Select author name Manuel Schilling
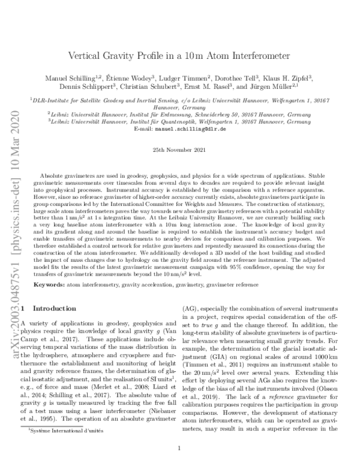pyautogui.click(x=76, y=79)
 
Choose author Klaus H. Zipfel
pyautogui.click(x=282, y=79)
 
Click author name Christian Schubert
pyautogui.click(x=157, y=88)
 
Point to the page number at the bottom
pyautogui.click(x=180, y=447)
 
